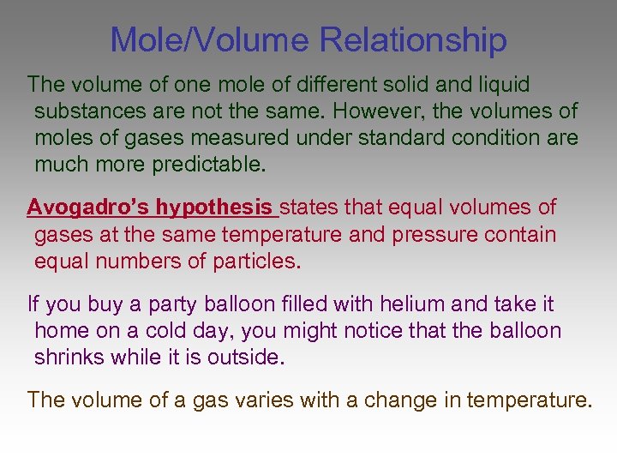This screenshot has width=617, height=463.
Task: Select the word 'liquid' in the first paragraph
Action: click(x=501, y=85)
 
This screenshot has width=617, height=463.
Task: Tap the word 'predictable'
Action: click(x=206, y=165)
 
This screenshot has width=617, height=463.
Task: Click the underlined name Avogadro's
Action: click(x=88, y=207)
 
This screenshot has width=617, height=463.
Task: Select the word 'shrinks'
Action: click(x=70, y=357)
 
